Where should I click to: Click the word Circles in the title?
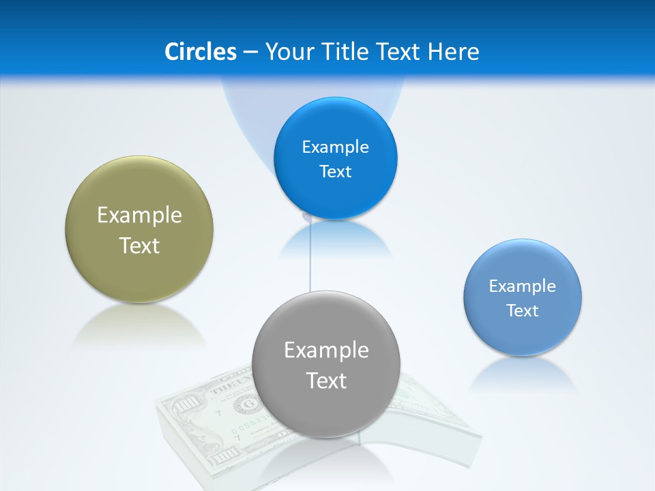coord(200,52)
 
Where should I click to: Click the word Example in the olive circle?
coord(139,215)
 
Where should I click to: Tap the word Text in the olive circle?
coord(139,245)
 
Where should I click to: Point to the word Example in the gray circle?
coord(326,351)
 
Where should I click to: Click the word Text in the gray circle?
coord(326,381)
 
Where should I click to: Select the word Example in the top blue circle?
coord(336,147)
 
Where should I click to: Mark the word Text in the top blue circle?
coord(336,172)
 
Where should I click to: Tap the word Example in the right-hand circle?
coord(523,286)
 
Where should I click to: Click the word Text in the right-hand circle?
coord(523,311)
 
